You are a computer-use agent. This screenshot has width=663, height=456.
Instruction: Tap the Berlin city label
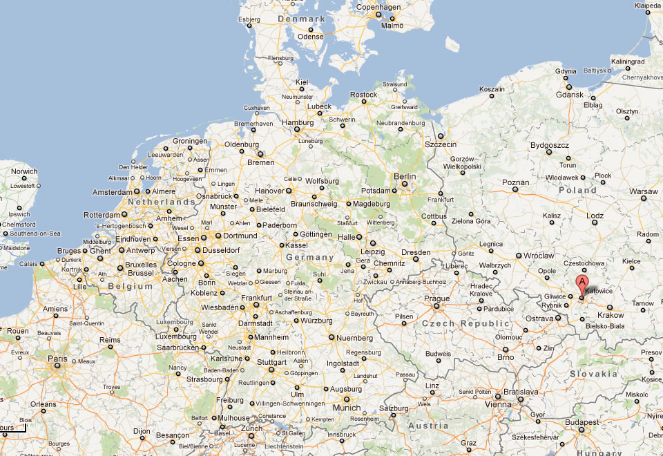pyautogui.click(x=405, y=177)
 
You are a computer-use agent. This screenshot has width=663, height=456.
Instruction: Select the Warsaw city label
pyautogui.click(x=643, y=191)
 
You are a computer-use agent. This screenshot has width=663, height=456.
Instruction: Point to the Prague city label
pyautogui.click(x=437, y=298)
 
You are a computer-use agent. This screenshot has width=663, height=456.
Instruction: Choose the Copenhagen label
pyautogui.click(x=378, y=8)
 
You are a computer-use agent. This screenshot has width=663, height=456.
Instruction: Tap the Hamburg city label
pyautogui.click(x=298, y=123)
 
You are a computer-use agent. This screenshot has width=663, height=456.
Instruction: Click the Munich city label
pyautogui.click(x=347, y=408)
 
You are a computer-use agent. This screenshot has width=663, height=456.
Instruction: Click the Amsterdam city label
pyautogui.click(x=112, y=192)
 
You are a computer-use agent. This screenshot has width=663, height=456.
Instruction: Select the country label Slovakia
pyautogui.click(x=593, y=374)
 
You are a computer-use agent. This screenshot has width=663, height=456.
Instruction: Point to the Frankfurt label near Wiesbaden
pyautogui.click(x=257, y=298)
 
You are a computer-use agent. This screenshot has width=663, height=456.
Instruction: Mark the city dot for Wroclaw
pyautogui.click(x=519, y=257)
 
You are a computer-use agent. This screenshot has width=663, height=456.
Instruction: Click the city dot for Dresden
pyautogui.click(x=416, y=261)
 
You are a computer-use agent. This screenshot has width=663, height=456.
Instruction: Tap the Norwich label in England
pyautogui.click(x=24, y=171)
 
